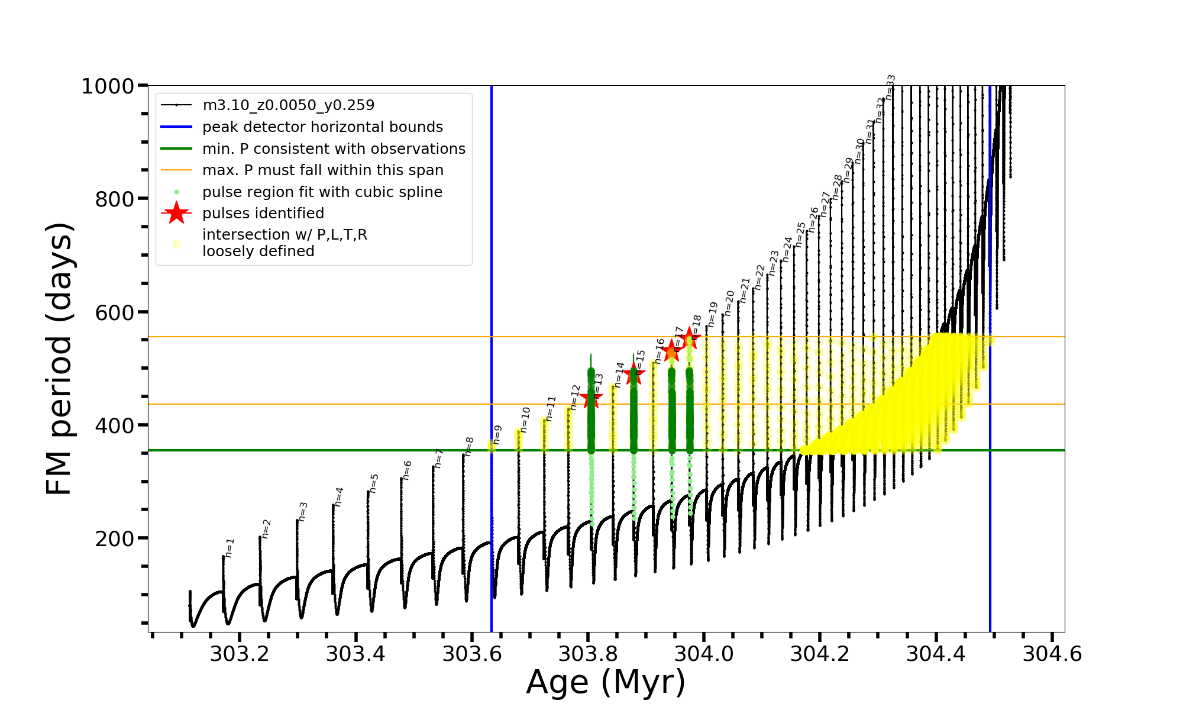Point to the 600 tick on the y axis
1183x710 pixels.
click(115, 312)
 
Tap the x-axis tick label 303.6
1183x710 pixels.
click(472, 654)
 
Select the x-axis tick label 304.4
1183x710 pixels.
click(936, 654)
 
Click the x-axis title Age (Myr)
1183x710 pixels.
click(606, 682)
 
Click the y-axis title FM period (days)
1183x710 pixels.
click(60, 359)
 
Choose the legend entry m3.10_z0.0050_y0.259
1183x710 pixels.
click(288, 105)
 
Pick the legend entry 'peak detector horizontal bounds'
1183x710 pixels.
click(322, 127)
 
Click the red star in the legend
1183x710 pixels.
click(176, 213)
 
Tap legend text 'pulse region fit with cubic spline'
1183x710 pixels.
click(322, 192)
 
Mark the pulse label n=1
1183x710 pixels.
click(230, 547)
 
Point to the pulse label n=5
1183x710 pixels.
click(373, 483)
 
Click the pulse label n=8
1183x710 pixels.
click(469, 446)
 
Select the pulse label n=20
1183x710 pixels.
click(729, 303)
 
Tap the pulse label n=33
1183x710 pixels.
click(890, 87)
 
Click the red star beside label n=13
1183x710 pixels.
click(591, 399)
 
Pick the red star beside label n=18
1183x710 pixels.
click(689, 338)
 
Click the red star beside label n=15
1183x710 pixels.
click(634, 373)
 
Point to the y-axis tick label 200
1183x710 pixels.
click(115, 538)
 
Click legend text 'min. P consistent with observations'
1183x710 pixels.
click(334, 149)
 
